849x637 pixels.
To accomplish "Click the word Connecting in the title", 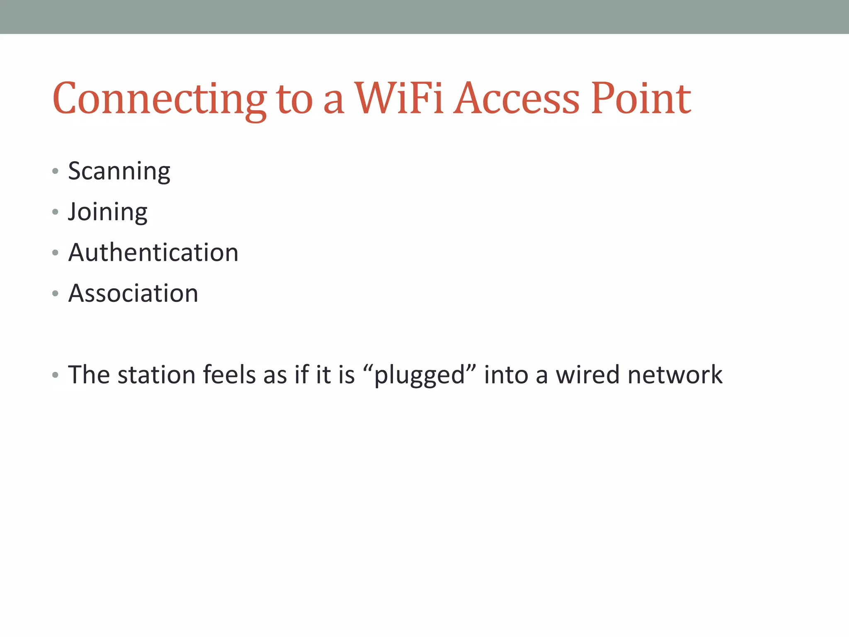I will pyautogui.click(x=160, y=100).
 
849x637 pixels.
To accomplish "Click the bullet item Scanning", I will pyautogui.click(x=119, y=171).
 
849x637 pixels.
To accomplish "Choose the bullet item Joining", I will pyautogui.click(x=108, y=212).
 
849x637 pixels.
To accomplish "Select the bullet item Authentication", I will pyautogui.click(x=153, y=252).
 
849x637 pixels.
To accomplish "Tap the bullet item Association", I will pyautogui.click(x=133, y=293).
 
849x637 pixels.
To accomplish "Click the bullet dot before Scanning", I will pyautogui.click(x=55, y=171).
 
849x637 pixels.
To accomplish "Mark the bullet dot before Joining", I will pyautogui.click(x=55, y=212).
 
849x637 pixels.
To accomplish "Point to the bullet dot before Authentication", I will pyautogui.click(x=55, y=253).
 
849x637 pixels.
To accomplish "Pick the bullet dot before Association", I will pyautogui.click(x=55, y=294).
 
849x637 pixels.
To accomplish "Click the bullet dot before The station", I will pyautogui.click(x=55, y=375).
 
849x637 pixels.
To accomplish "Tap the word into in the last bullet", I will pyautogui.click(x=505, y=375).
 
